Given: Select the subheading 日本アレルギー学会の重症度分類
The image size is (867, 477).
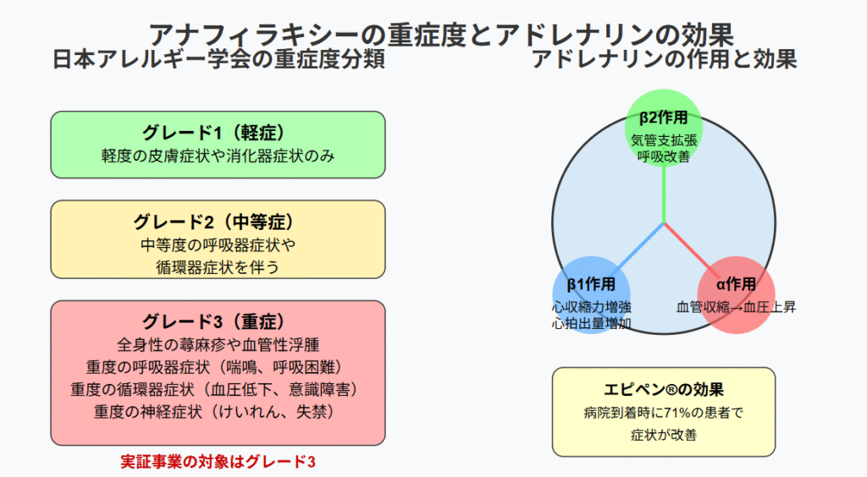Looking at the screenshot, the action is pyautogui.click(x=218, y=59).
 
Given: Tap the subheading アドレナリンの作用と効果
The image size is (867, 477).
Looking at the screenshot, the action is pyautogui.click(x=664, y=59).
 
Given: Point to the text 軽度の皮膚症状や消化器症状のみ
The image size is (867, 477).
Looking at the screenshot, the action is pyautogui.click(x=218, y=156).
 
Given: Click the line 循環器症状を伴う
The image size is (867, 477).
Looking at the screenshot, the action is pyautogui.click(x=218, y=267).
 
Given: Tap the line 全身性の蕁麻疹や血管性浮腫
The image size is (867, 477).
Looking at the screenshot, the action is pyautogui.click(x=218, y=345).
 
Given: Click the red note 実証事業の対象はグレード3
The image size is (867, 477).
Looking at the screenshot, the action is pyautogui.click(x=218, y=462).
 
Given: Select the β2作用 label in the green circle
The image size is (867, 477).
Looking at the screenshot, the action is pyautogui.click(x=664, y=117).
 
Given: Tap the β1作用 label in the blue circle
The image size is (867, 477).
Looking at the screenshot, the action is pyautogui.click(x=591, y=284).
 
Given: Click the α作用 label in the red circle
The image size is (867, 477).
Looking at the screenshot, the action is pyautogui.click(x=736, y=284).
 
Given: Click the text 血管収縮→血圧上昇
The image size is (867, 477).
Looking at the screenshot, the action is pyautogui.click(x=736, y=307).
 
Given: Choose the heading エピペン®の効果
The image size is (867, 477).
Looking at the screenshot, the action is pyautogui.click(x=664, y=390).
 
